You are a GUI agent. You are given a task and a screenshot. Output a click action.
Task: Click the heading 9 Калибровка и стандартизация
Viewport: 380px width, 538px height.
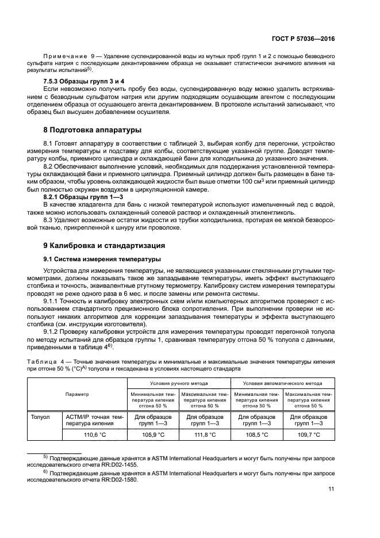tap(105, 245)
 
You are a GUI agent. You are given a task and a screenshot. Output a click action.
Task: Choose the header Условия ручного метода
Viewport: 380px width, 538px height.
tap(179, 383)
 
